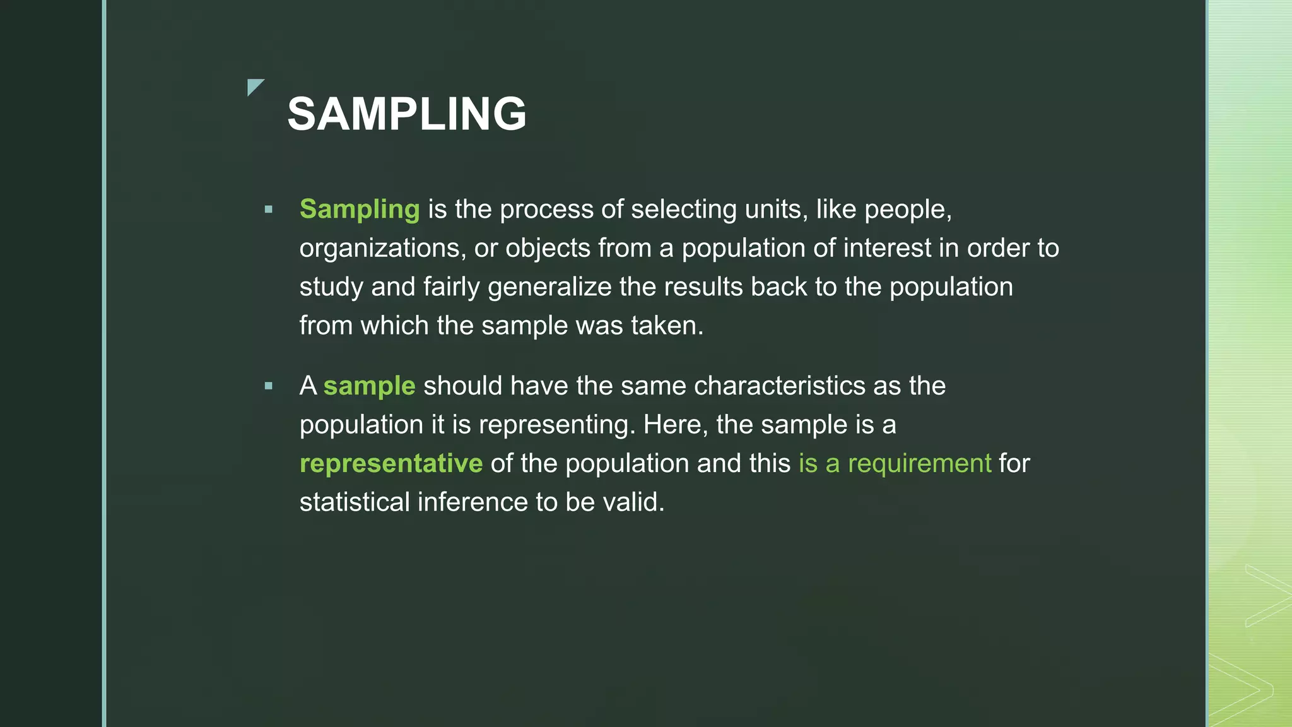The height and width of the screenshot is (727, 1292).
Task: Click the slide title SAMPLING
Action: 407,114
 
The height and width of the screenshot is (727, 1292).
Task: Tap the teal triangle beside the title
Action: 254,86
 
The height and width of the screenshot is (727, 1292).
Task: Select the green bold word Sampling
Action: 360,210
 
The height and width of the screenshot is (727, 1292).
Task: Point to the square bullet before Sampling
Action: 269,210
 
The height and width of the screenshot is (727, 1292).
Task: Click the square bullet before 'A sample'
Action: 269,386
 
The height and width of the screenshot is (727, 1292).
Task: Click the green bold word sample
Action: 369,386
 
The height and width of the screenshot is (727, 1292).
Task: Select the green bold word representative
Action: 391,464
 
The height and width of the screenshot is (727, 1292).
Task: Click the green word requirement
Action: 919,464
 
